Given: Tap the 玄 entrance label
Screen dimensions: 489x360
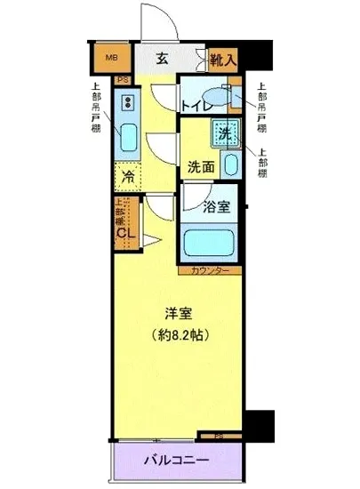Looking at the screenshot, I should tap(163, 59).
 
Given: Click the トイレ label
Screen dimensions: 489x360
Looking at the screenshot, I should tap(195, 106).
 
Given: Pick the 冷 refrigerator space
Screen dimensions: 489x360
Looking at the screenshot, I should tap(127, 176).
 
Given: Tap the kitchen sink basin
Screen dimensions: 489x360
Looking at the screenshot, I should tap(126, 137).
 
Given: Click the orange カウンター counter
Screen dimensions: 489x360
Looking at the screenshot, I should tap(212, 269).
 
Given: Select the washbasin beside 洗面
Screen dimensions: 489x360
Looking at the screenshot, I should tap(232, 165).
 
